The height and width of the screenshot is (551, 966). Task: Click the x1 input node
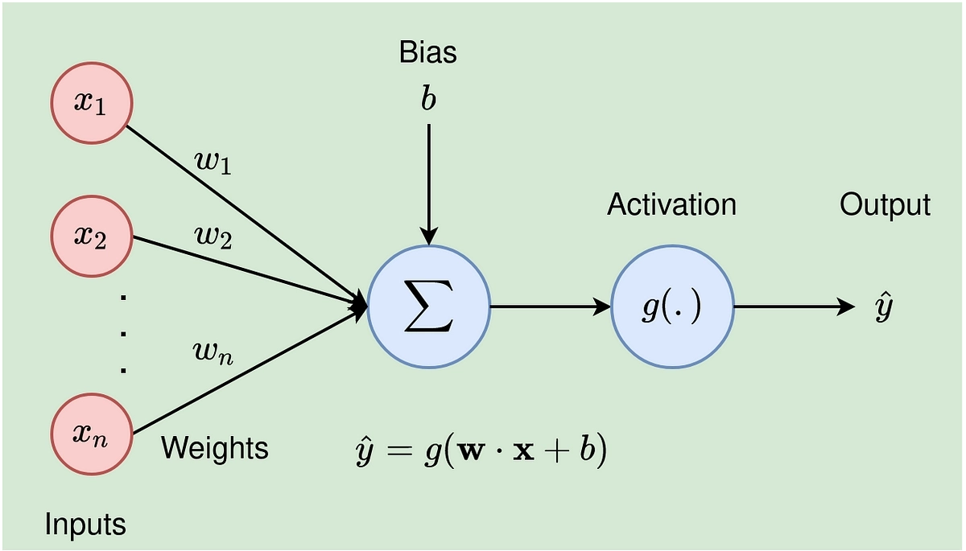click(92, 104)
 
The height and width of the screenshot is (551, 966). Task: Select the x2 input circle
click(92, 236)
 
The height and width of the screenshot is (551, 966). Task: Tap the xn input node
click(92, 434)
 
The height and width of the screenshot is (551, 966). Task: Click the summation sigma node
click(428, 306)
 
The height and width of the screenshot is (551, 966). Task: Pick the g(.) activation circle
click(672, 306)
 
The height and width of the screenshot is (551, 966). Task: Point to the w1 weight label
click(213, 162)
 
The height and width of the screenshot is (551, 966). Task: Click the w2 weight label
click(213, 238)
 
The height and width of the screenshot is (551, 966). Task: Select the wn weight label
click(213, 354)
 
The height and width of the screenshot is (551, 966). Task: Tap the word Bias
click(427, 52)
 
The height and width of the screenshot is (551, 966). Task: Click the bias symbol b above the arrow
click(428, 98)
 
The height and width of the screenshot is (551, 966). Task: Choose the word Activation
click(671, 204)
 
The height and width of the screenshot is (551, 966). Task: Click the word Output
click(885, 205)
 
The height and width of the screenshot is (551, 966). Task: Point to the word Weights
click(215, 449)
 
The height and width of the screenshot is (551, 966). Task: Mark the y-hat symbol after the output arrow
click(883, 306)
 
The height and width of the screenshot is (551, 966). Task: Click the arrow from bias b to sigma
click(428, 184)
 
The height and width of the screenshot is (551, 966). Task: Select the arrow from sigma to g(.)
click(551, 306)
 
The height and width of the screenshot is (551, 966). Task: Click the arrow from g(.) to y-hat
click(795, 306)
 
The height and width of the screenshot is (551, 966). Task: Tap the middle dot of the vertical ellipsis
click(123, 334)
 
